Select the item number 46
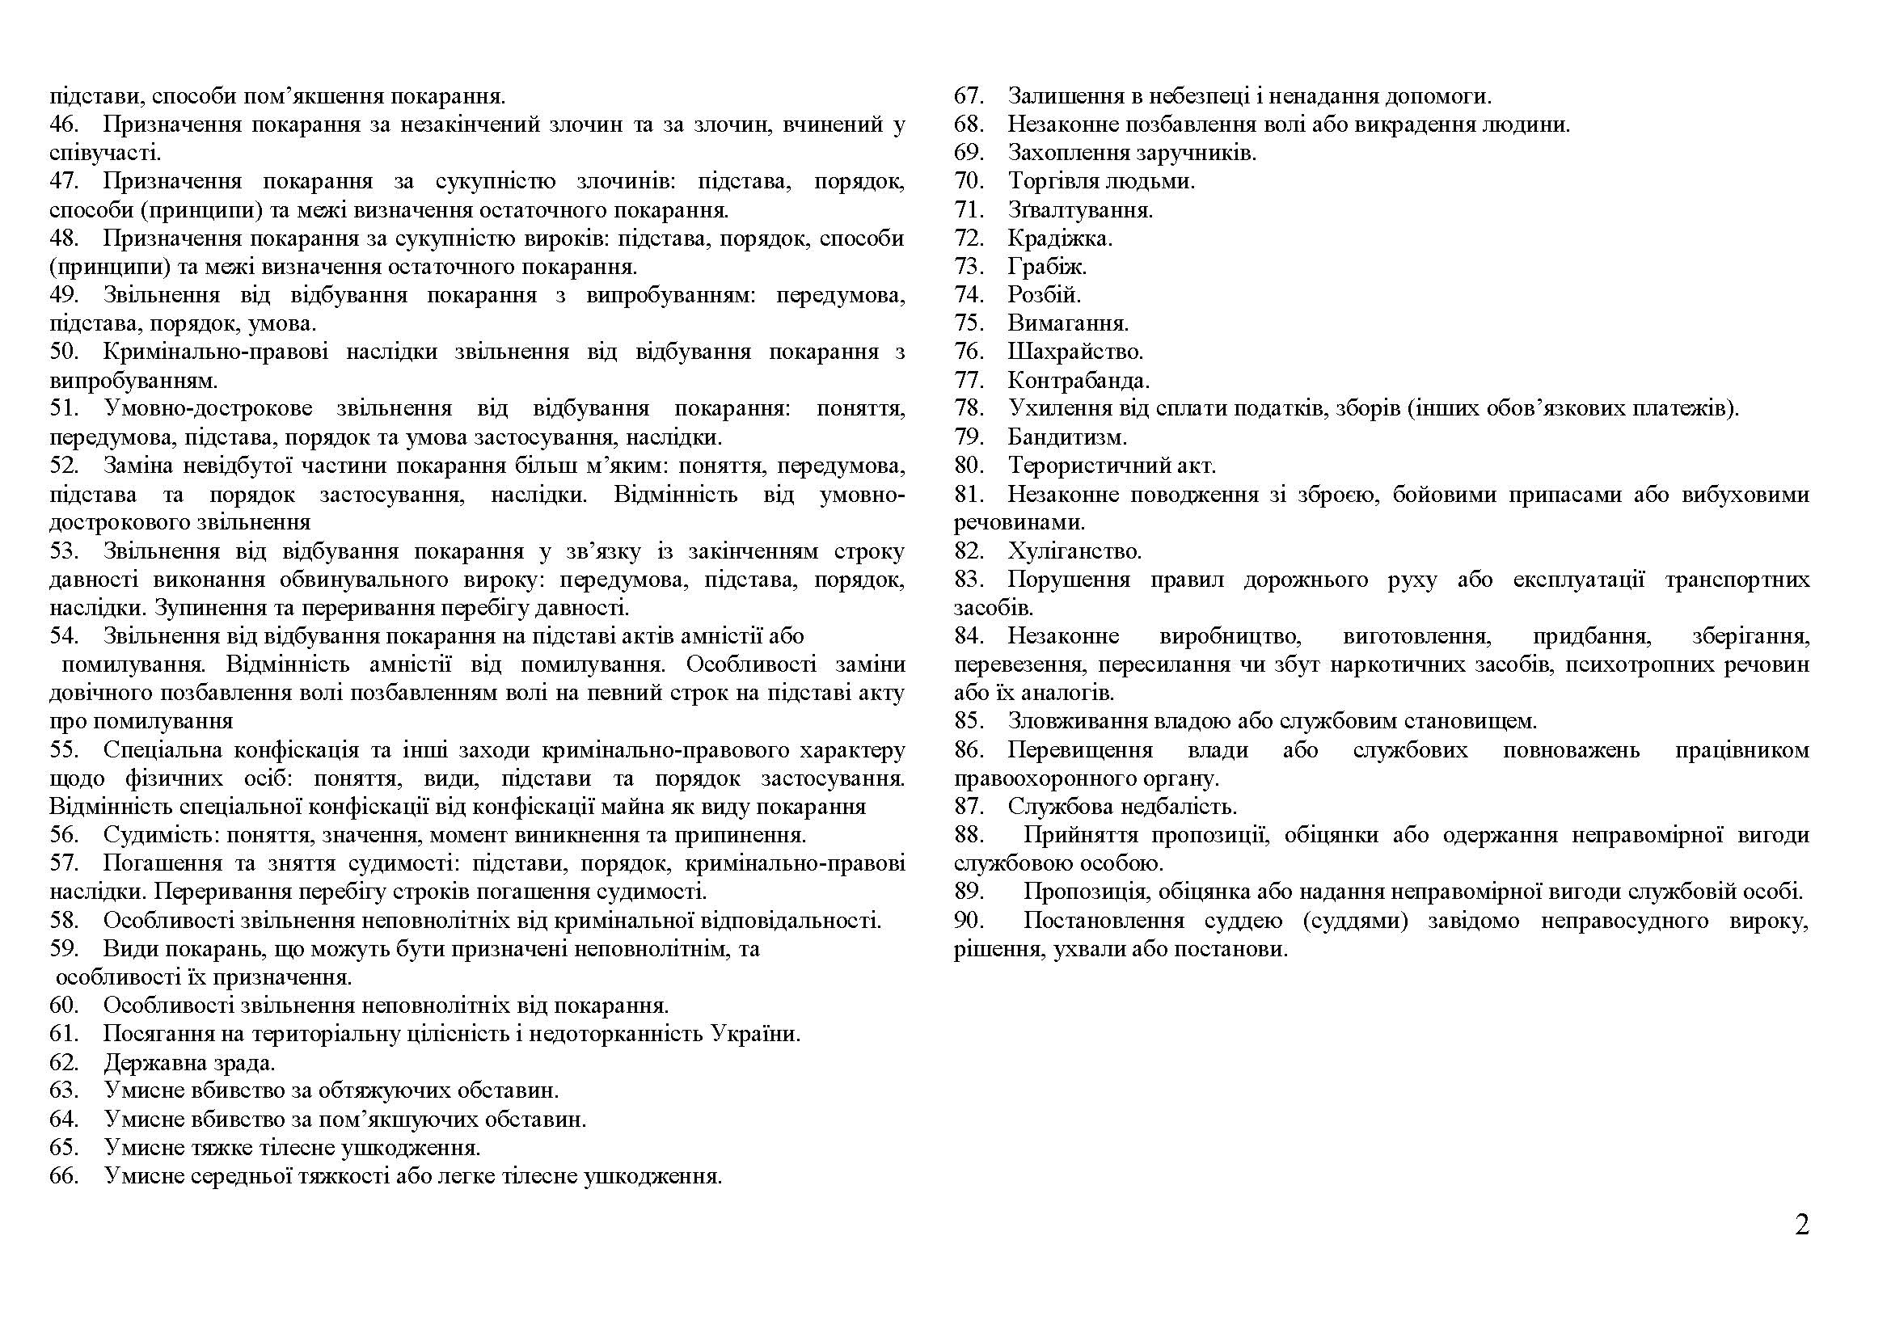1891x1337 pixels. tap(63, 124)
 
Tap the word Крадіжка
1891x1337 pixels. tap(1059, 238)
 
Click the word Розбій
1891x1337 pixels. tap(1045, 295)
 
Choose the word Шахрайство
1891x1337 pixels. tap(1074, 352)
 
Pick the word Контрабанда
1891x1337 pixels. tap(1078, 381)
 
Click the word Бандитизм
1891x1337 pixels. tap(1066, 437)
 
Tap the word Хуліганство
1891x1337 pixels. tap(1074, 550)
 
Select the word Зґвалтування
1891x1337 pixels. tap(1080, 210)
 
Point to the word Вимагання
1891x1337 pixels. tap(1067, 323)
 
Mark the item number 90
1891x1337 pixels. tap(969, 921)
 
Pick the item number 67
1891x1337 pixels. tap(969, 96)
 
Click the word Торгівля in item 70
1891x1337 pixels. tap(1053, 181)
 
